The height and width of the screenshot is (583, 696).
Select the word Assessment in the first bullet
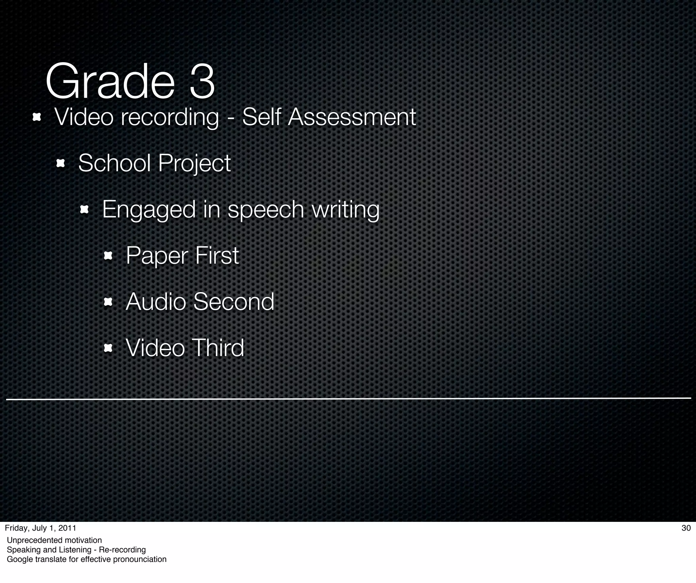(352, 117)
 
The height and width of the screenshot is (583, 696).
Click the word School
(114, 163)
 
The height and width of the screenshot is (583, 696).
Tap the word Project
(194, 164)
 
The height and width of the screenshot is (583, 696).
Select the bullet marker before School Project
(60, 164)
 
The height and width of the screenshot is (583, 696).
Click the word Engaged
(149, 210)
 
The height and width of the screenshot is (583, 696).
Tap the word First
(217, 255)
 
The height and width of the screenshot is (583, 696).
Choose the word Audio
(156, 302)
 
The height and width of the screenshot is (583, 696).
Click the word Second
(233, 302)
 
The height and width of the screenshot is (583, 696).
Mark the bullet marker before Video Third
(108, 348)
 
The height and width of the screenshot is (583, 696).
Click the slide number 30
(686, 528)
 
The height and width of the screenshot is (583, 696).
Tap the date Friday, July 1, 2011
(40, 528)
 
